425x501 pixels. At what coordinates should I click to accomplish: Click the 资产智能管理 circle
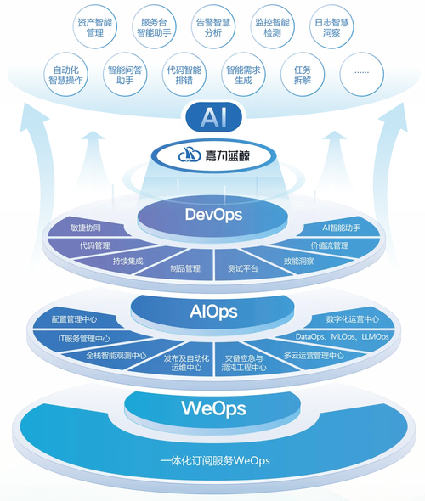click(95, 27)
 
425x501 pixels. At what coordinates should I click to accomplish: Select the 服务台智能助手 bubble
click(154, 27)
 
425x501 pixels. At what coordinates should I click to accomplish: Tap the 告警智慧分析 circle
click(213, 27)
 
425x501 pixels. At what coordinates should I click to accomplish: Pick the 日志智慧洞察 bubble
click(331, 27)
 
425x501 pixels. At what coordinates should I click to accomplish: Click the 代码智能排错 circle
click(184, 75)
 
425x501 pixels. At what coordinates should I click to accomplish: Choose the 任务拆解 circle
click(303, 75)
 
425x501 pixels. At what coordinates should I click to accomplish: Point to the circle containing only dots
click(362, 75)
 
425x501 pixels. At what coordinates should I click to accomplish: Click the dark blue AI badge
click(214, 116)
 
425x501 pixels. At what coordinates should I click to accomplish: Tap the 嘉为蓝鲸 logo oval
click(213, 155)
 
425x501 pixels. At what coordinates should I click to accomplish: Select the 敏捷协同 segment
click(86, 228)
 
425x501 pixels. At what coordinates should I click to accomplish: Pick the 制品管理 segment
click(182, 267)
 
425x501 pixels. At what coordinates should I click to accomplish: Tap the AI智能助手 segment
click(341, 228)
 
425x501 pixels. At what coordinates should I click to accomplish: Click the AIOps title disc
click(212, 312)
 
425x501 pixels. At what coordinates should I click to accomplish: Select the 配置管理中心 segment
click(74, 319)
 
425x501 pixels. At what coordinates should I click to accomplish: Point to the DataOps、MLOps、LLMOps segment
click(342, 337)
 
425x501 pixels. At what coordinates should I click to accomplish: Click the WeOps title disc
click(212, 409)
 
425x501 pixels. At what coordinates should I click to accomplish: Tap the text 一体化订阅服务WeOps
click(215, 461)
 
